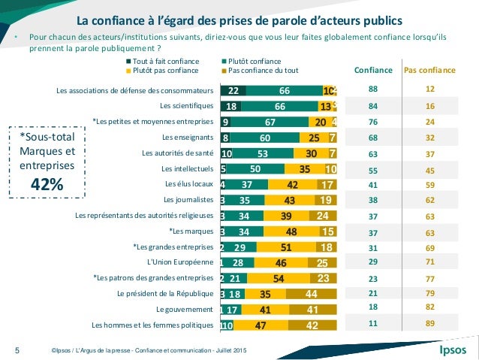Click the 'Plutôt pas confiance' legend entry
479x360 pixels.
165,70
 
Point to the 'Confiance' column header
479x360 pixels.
373,70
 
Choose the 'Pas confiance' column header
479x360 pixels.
429,70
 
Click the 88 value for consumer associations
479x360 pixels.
373,91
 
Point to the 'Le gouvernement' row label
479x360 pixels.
185,309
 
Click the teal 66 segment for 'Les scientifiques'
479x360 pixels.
280,107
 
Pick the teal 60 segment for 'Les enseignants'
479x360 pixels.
265,138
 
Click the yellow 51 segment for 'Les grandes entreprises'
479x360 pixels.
285,247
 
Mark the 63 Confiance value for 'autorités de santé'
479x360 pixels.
373,153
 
